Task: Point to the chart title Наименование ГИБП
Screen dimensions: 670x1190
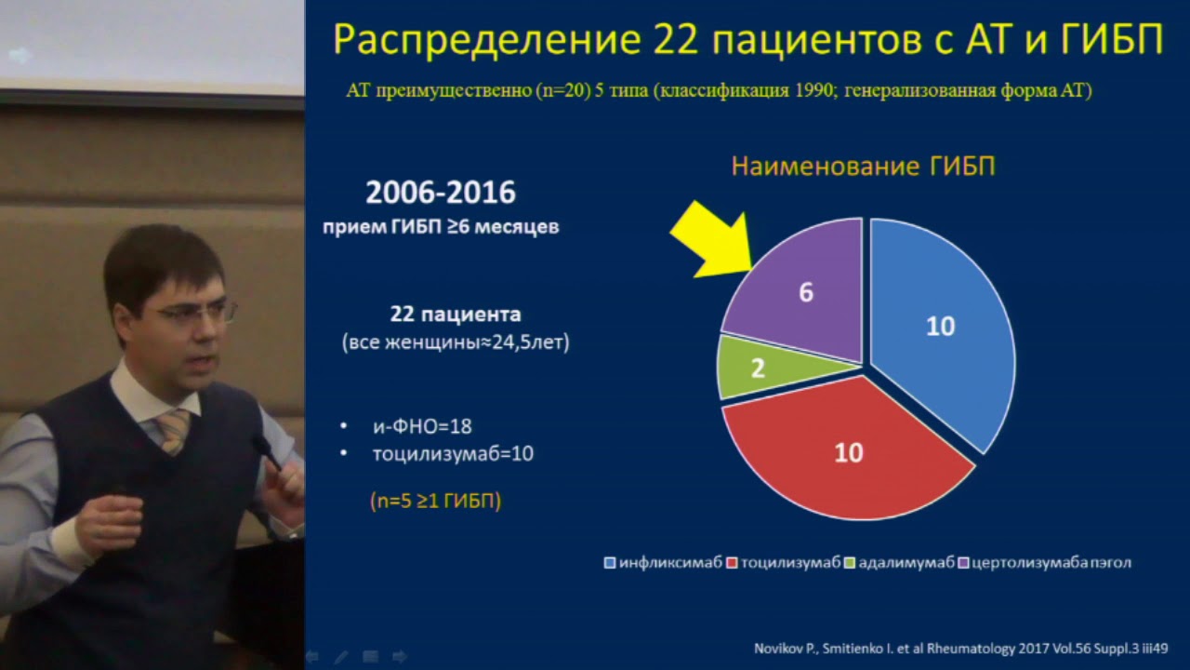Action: coord(863,167)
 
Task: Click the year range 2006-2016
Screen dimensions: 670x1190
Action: coord(440,193)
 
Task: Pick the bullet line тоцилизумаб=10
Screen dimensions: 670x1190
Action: coord(453,454)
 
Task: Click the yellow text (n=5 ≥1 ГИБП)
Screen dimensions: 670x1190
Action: coord(435,501)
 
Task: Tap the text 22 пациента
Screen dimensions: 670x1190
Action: coord(456,315)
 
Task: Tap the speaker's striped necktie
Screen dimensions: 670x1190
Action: coord(174,430)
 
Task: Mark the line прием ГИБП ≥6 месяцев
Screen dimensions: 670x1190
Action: coord(441,227)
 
